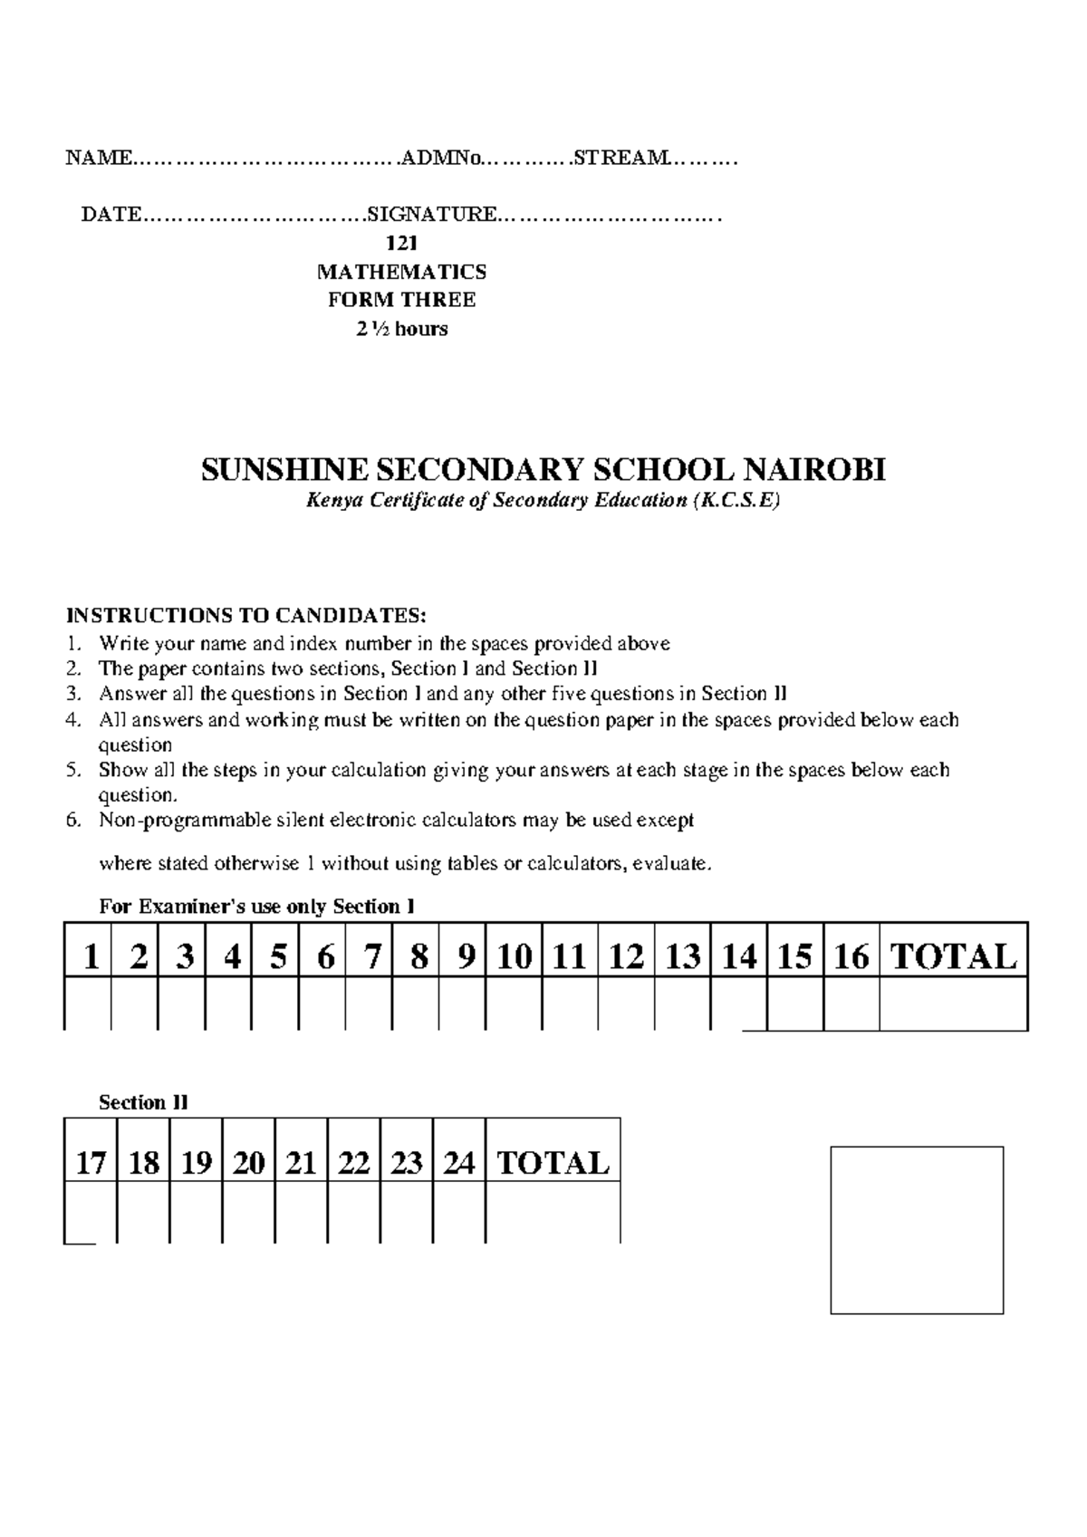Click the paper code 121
click(401, 243)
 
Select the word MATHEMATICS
click(401, 272)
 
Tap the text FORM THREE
click(401, 300)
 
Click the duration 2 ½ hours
click(401, 329)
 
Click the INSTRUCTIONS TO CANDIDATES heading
click(245, 617)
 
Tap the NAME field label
click(98, 159)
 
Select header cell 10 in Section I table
click(514, 957)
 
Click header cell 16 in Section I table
click(851, 957)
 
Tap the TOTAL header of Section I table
click(953, 957)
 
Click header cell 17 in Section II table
click(91, 1163)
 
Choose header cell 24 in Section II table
click(458, 1163)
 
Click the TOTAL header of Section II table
click(553, 1163)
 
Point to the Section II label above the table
click(143, 1102)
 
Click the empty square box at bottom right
click(917, 1229)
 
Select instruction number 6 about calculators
click(396, 821)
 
